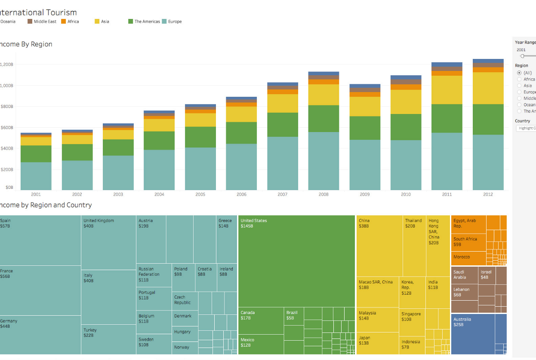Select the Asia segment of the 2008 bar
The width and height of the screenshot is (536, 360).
(x=323, y=95)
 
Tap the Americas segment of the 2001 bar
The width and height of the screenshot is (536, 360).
(x=36, y=154)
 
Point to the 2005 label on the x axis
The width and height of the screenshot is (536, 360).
(x=200, y=194)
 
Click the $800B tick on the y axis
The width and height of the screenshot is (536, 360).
(x=7, y=107)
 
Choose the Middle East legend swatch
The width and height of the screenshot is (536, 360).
(x=30, y=22)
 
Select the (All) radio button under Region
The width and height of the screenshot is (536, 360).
(x=519, y=73)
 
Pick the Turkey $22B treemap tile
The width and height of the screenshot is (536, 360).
(x=108, y=339)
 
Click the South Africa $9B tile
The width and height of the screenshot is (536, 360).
(x=468, y=242)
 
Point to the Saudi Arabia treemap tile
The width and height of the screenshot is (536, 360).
(x=464, y=275)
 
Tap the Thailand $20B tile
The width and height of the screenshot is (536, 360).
(x=414, y=246)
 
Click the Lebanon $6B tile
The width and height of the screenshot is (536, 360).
(x=464, y=292)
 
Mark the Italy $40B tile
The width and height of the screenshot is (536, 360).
(x=108, y=297)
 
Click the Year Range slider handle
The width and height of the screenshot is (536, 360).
(x=522, y=56)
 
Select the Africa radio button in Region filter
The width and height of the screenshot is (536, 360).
(x=519, y=79)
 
